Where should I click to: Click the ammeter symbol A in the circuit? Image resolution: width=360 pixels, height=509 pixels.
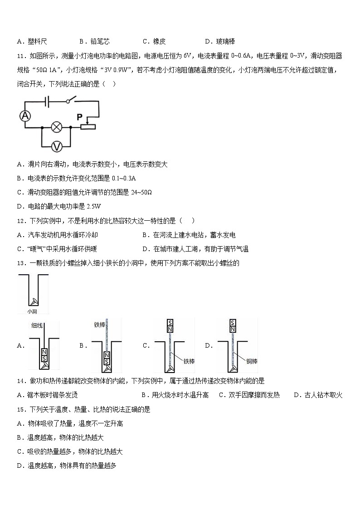point(25,116)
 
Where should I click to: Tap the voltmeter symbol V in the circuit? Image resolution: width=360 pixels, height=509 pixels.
point(57,146)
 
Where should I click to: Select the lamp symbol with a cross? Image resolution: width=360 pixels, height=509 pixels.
point(57,127)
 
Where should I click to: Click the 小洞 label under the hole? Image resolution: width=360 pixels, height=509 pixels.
point(32,311)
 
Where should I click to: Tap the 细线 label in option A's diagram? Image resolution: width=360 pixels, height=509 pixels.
point(37,325)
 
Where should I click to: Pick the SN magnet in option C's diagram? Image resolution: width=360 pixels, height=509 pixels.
point(170,326)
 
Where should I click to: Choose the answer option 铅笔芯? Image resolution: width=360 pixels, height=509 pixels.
point(100,42)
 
